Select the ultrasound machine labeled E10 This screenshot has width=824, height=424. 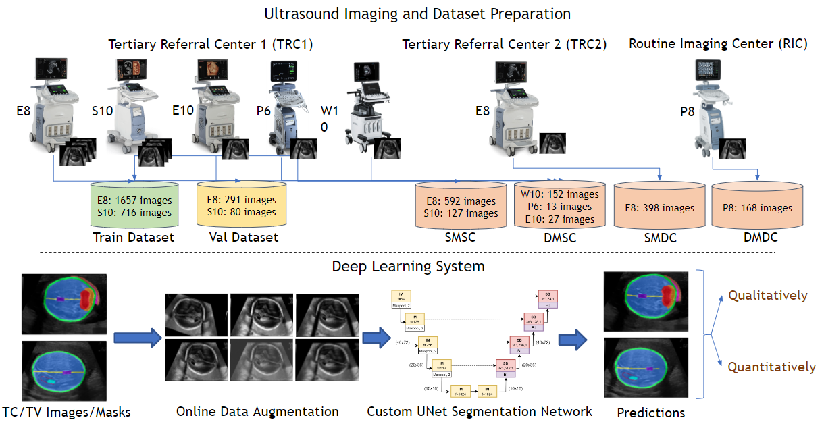(215, 105)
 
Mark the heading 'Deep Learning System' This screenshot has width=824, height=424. (408, 266)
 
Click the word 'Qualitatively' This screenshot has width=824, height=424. (767, 295)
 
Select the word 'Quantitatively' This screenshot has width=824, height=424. (771, 367)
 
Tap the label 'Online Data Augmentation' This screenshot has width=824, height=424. (257, 411)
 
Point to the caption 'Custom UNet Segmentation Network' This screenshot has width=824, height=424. (480, 411)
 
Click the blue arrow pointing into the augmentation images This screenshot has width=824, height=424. (134, 337)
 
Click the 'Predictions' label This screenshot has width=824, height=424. (651, 413)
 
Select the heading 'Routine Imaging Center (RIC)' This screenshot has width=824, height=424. (718, 44)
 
